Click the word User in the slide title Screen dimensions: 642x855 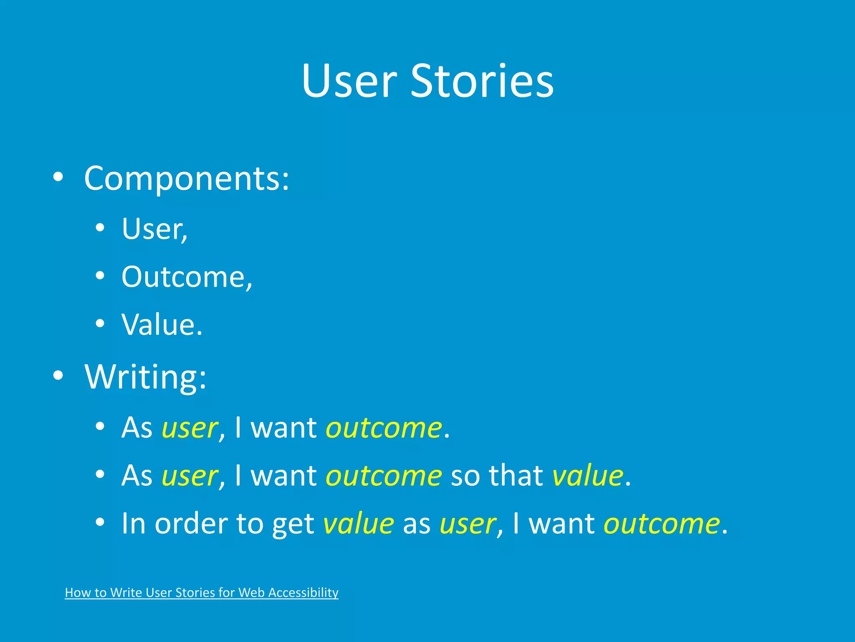[349, 81]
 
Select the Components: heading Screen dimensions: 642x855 [187, 178]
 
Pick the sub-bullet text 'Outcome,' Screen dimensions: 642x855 [187, 277]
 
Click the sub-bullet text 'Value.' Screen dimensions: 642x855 [162, 324]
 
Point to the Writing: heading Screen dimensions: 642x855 [146, 377]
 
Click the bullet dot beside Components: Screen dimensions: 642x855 [58, 177]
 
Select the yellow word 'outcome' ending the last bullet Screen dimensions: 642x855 [662, 524]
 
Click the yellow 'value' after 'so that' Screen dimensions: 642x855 [588, 476]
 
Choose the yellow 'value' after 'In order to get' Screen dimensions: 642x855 [359, 524]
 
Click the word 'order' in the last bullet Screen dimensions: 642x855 [191, 524]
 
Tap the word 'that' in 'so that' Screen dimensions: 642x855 [516, 476]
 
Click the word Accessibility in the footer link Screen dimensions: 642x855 [303, 593]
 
